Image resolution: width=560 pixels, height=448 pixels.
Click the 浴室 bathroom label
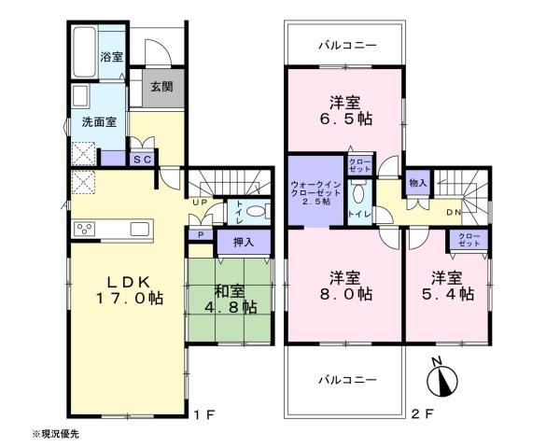[x=111, y=57]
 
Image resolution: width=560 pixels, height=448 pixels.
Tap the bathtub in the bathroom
[x=85, y=52]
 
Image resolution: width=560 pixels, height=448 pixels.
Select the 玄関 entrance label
[x=161, y=87]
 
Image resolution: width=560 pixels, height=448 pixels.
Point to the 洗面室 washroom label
[x=99, y=122]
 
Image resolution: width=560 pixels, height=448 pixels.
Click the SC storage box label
[x=142, y=160]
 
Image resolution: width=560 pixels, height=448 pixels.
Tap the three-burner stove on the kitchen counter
[x=85, y=229]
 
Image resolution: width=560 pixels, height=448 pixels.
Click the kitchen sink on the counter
[x=140, y=229]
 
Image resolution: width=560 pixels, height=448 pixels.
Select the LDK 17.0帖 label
[x=130, y=290]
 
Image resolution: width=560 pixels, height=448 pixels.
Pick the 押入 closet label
[x=244, y=243]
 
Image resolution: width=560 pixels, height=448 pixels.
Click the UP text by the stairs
[x=200, y=203]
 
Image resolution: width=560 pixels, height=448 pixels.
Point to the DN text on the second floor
[x=454, y=212]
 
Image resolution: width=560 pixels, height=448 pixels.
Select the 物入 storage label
[x=418, y=183]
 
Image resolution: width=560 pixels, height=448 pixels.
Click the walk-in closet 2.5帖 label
[x=316, y=193]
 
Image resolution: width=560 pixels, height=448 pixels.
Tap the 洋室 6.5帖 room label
[x=345, y=111]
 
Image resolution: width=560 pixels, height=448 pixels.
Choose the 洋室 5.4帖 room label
[x=448, y=286]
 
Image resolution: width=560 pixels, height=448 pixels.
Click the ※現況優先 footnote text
[x=55, y=434]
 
